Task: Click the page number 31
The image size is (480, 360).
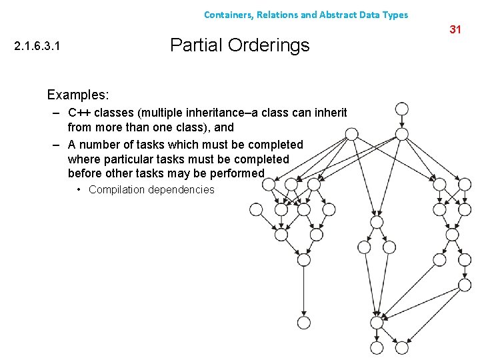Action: click(x=455, y=29)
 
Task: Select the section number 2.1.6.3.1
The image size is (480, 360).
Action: click(x=41, y=47)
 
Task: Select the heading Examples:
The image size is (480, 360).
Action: click(x=78, y=95)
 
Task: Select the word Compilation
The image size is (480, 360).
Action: click(x=117, y=190)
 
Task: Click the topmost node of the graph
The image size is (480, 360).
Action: click(x=401, y=109)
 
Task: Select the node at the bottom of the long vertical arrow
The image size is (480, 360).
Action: click(x=303, y=323)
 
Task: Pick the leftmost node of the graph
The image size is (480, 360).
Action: click(x=256, y=209)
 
